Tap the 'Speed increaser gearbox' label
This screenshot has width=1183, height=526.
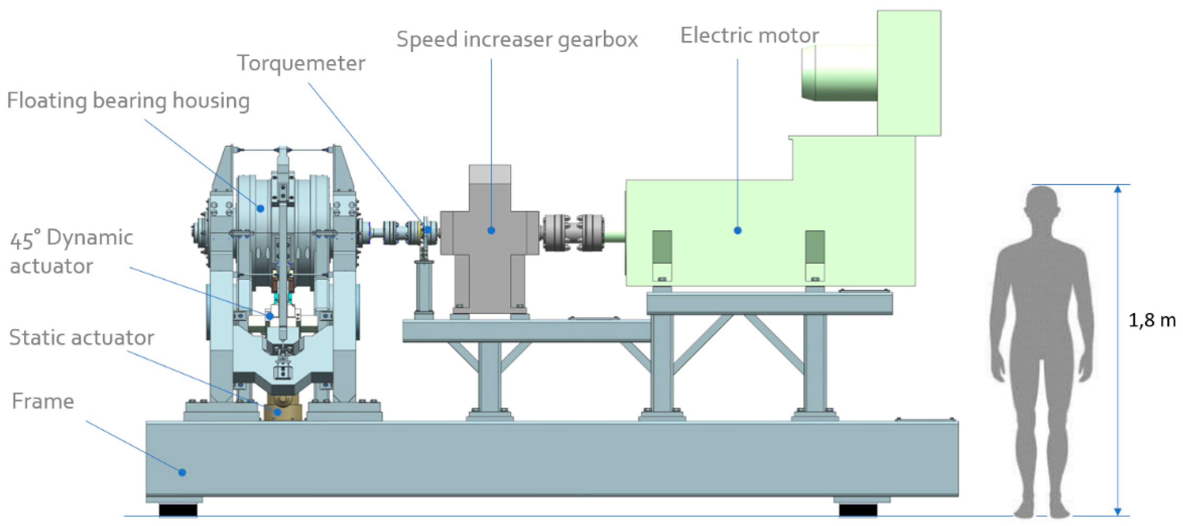[517, 40]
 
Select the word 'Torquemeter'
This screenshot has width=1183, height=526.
[301, 63]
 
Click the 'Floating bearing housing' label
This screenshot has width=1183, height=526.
[128, 101]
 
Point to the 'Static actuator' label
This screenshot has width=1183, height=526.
[81, 338]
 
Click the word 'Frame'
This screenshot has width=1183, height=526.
[43, 401]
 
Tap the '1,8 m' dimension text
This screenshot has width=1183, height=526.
[1151, 320]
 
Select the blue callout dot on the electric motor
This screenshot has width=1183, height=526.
[738, 231]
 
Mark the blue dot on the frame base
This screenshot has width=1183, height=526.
[182, 472]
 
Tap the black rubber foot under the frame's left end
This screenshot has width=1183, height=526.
[178, 510]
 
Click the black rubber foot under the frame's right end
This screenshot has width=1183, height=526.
[858, 510]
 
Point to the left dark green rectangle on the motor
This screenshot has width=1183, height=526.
[662, 247]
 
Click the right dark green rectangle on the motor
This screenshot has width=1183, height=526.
[815, 247]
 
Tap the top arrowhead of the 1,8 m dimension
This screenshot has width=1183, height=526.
[1118, 189]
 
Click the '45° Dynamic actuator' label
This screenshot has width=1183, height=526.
[71, 252]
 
